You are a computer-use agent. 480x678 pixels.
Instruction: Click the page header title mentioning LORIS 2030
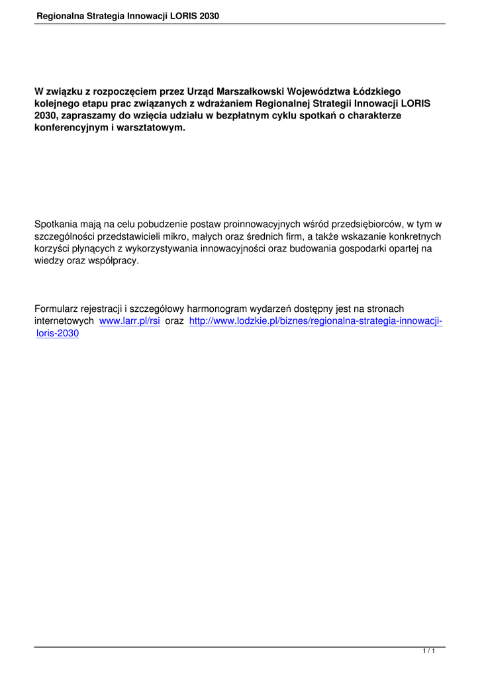[x=128, y=15]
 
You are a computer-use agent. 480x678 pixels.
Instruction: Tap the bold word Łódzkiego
[x=377, y=91]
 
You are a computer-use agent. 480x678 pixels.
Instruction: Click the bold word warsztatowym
[x=150, y=127]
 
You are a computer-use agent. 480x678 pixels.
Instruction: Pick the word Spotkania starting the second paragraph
[x=57, y=224]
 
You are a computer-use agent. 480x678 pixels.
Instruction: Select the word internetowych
[x=64, y=321]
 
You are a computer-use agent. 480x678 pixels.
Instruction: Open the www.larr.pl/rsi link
[x=130, y=321]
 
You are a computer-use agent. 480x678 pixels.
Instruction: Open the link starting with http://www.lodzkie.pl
[x=315, y=321]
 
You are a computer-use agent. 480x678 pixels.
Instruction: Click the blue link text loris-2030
[x=58, y=333]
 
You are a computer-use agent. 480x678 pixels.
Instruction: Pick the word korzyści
[x=52, y=248]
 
